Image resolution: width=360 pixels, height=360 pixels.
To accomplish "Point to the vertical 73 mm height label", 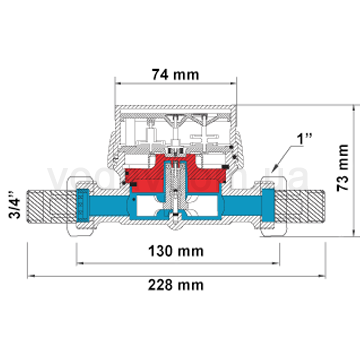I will pos(343,183).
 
